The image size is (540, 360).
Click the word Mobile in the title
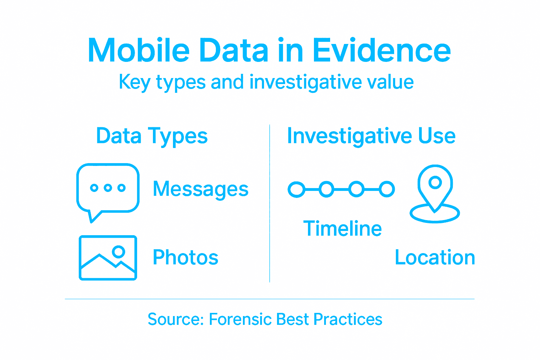click(139, 51)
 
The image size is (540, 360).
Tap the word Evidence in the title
click(381, 51)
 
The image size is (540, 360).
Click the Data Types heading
click(152, 136)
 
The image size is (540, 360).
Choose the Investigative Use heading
click(371, 136)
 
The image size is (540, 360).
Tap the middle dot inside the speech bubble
click(108, 188)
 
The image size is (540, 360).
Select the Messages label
click(201, 189)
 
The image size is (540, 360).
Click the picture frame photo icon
click(108, 258)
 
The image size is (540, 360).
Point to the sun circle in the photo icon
click(118, 251)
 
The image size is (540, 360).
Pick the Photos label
click(186, 257)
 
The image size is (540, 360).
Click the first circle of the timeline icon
click(296, 189)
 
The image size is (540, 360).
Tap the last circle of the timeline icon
click(387, 189)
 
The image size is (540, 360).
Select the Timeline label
click(342, 229)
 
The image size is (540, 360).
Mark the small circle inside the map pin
click(435, 182)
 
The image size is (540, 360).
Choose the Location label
click(435, 257)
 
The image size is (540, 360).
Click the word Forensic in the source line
click(240, 319)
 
